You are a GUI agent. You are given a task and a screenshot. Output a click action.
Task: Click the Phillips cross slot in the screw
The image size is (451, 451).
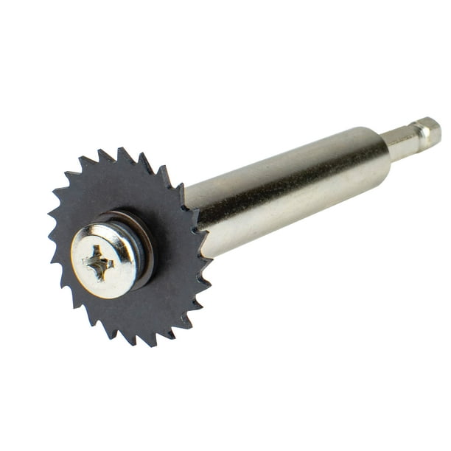tap(99, 261)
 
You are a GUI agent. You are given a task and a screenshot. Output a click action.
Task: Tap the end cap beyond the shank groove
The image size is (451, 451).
tap(430, 130)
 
